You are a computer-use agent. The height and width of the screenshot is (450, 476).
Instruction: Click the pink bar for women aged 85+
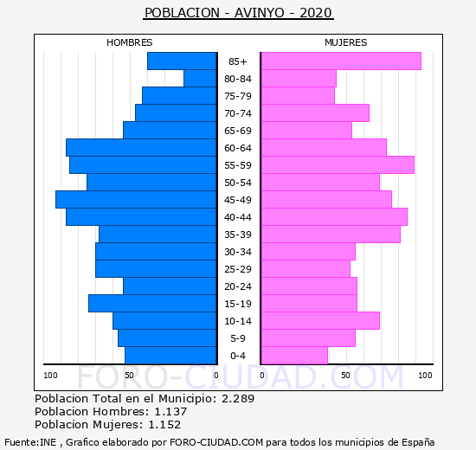(x=341, y=61)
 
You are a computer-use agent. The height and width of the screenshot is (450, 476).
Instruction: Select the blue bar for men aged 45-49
(x=136, y=200)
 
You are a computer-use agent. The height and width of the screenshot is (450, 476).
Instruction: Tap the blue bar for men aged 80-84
(x=200, y=79)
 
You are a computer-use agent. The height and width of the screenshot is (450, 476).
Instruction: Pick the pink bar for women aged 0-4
(x=294, y=356)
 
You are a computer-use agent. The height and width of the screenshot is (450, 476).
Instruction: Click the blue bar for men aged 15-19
(x=152, y=304)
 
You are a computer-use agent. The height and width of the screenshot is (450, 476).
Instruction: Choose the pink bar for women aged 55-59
(x=338, y=165)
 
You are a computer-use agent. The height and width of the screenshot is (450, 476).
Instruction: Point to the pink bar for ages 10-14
(x=320, y=321)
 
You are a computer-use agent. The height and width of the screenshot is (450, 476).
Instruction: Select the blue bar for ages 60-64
(x=141, y=148)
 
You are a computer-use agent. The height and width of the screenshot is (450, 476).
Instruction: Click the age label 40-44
(x=238, y=217)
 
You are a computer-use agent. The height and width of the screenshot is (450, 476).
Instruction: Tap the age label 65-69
(x=238, y=131)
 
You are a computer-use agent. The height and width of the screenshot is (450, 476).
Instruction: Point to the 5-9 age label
(x=238, y=338)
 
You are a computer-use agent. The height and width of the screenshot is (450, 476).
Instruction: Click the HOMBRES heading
(x=130, y=42)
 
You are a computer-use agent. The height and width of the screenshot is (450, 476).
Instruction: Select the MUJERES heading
(x=346, y=42)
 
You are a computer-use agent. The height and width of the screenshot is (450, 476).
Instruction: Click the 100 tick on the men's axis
(x=50, y=376)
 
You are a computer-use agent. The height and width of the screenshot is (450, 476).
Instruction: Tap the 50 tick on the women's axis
(x=345, y=376)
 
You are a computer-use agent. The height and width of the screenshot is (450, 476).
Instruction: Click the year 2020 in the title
(x=316, y=13)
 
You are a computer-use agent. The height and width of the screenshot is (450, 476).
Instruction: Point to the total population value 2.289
(x=238, y=398)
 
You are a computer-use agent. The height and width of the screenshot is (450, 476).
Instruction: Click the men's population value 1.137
(x=170, y=411)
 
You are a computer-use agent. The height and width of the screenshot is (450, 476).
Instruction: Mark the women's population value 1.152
(x=164, y=425)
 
